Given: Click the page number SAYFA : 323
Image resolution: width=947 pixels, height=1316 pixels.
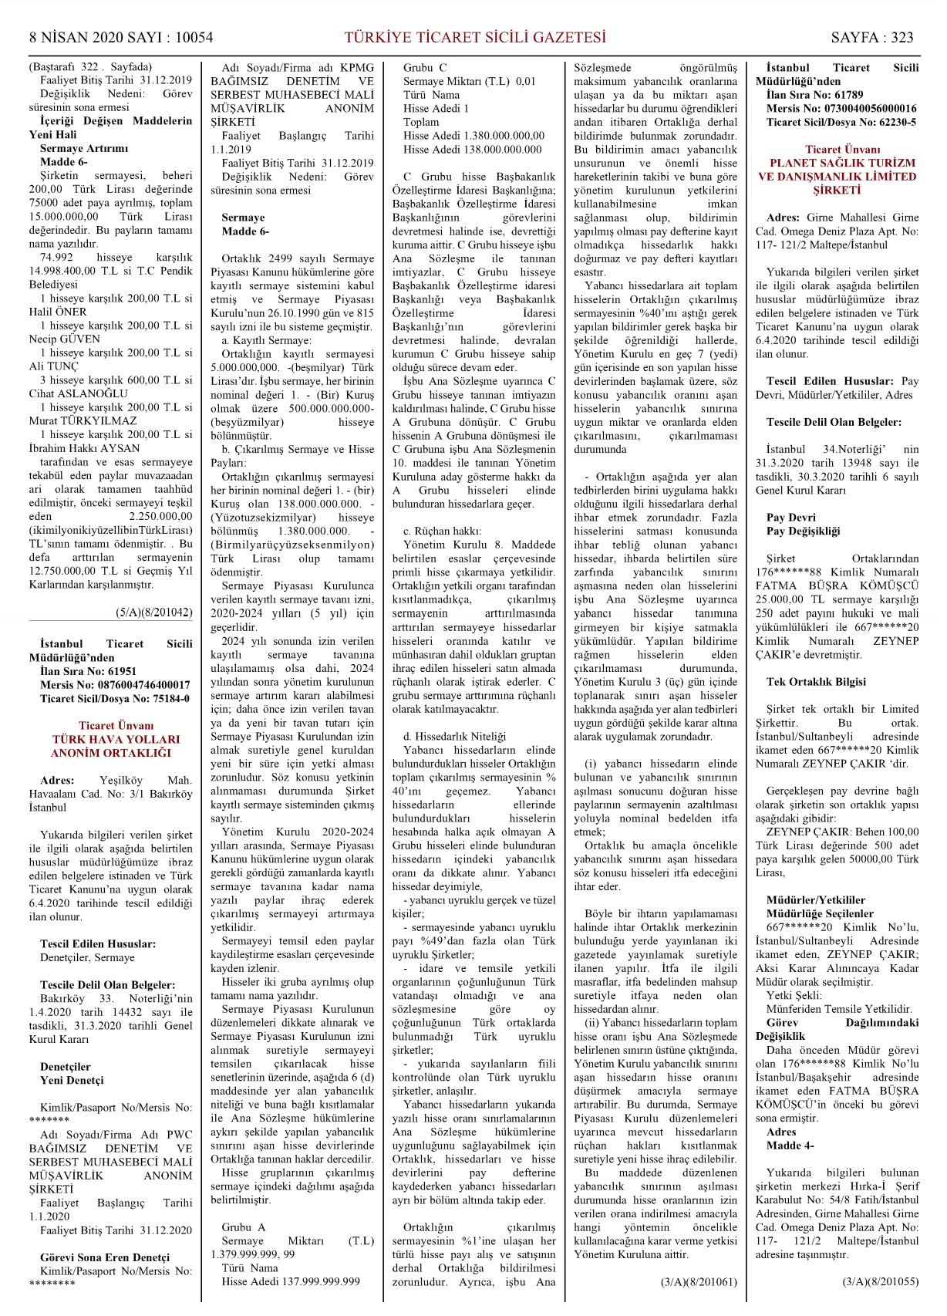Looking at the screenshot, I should pyautogui.click(x=871, y=37).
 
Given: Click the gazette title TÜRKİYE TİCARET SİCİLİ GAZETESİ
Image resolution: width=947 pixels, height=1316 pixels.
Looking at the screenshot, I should pyautogui.click(x=474, y=37).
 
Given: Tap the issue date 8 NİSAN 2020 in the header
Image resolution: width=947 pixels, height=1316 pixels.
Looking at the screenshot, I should pyautogui.click(x=76, y=37).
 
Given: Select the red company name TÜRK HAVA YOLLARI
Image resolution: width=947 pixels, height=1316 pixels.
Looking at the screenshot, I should pyautogui.click(x=116, y=739).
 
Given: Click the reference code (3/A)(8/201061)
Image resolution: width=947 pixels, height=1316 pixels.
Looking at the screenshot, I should pyautogui.click(x=699, y=1282).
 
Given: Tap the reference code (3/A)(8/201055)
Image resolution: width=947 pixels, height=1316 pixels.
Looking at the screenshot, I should pyautogui.click(x=881, y=1282).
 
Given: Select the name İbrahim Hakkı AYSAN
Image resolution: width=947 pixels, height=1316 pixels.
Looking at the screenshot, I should pyautogui.click(x=85, y=448).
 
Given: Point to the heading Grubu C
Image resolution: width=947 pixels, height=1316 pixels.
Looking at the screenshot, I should pyautogui.click(x=425, y=68).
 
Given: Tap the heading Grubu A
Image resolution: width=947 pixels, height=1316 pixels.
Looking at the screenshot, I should pyautogui.click(x=243, y=1227).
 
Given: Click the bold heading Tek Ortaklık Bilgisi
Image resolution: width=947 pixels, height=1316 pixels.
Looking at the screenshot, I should pyautogui.click(x=805, y=682).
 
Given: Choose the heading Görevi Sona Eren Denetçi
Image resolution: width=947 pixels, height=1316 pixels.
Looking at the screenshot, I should pyautogui.click(x=105, y=1257).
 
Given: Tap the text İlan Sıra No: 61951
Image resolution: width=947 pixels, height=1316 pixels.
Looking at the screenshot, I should pyautogui.click(x=88, y=671).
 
